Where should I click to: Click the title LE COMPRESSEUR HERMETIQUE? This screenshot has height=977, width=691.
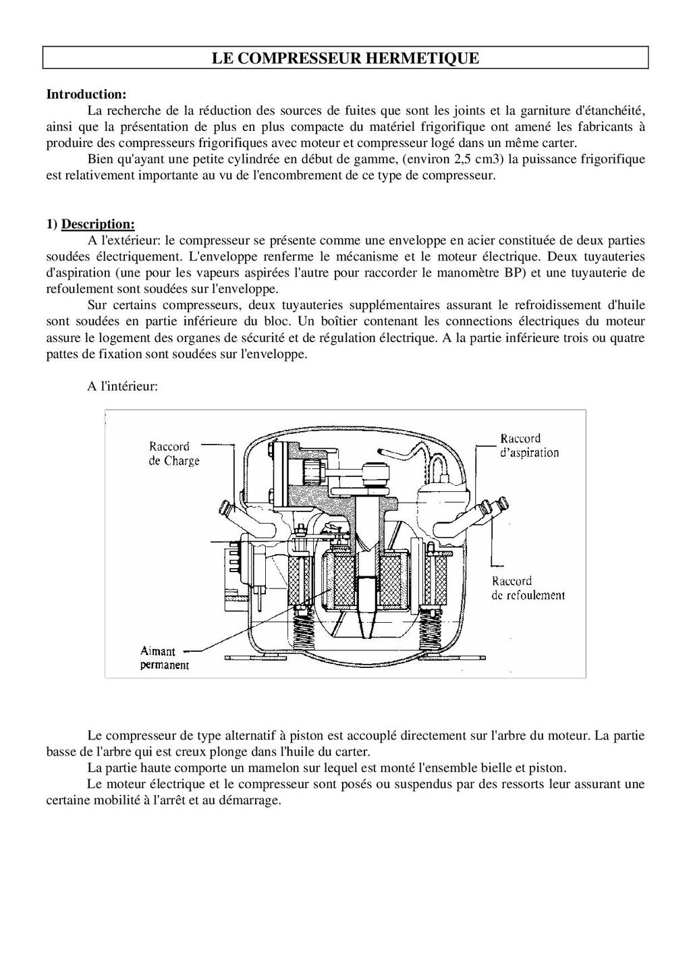tap(345, 58)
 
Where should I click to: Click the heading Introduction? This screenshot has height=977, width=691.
tap(86, 94)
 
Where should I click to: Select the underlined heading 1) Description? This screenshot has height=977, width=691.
tap(90, 224)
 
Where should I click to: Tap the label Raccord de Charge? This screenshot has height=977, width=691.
tap(174, 453)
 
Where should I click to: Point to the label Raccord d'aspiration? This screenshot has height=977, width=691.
tap(529, 445)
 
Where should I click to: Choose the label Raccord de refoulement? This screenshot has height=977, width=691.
tap(528, 588)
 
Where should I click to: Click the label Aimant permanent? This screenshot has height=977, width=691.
tap(164, 658)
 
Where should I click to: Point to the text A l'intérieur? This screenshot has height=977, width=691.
tap(122, 387)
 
